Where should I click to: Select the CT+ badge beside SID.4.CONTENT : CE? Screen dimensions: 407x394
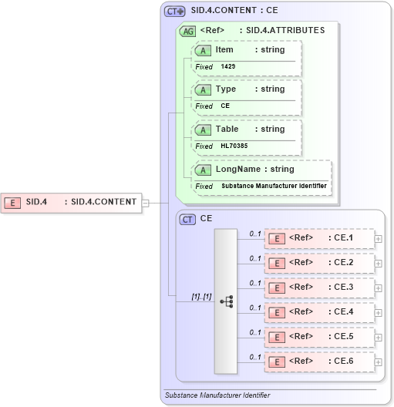click(174, 12)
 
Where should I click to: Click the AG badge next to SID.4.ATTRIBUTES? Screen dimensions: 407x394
click(187, 31)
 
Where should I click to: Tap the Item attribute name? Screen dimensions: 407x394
click(224, 49)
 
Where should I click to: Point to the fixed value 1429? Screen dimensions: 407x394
click(228, 66)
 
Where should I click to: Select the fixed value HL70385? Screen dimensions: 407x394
click(234, 146)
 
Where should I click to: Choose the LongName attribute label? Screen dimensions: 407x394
click(238, 169)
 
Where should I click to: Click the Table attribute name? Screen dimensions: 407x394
click(227, 129)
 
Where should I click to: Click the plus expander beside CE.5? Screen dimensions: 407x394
click(378, 337)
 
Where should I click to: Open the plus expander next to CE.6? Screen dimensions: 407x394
click(378, 362)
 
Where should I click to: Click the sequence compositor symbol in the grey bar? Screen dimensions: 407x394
click(227, 301)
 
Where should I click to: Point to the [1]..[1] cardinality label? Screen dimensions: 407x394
click(202, 296)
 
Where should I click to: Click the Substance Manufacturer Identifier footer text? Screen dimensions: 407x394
click(217, 395)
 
